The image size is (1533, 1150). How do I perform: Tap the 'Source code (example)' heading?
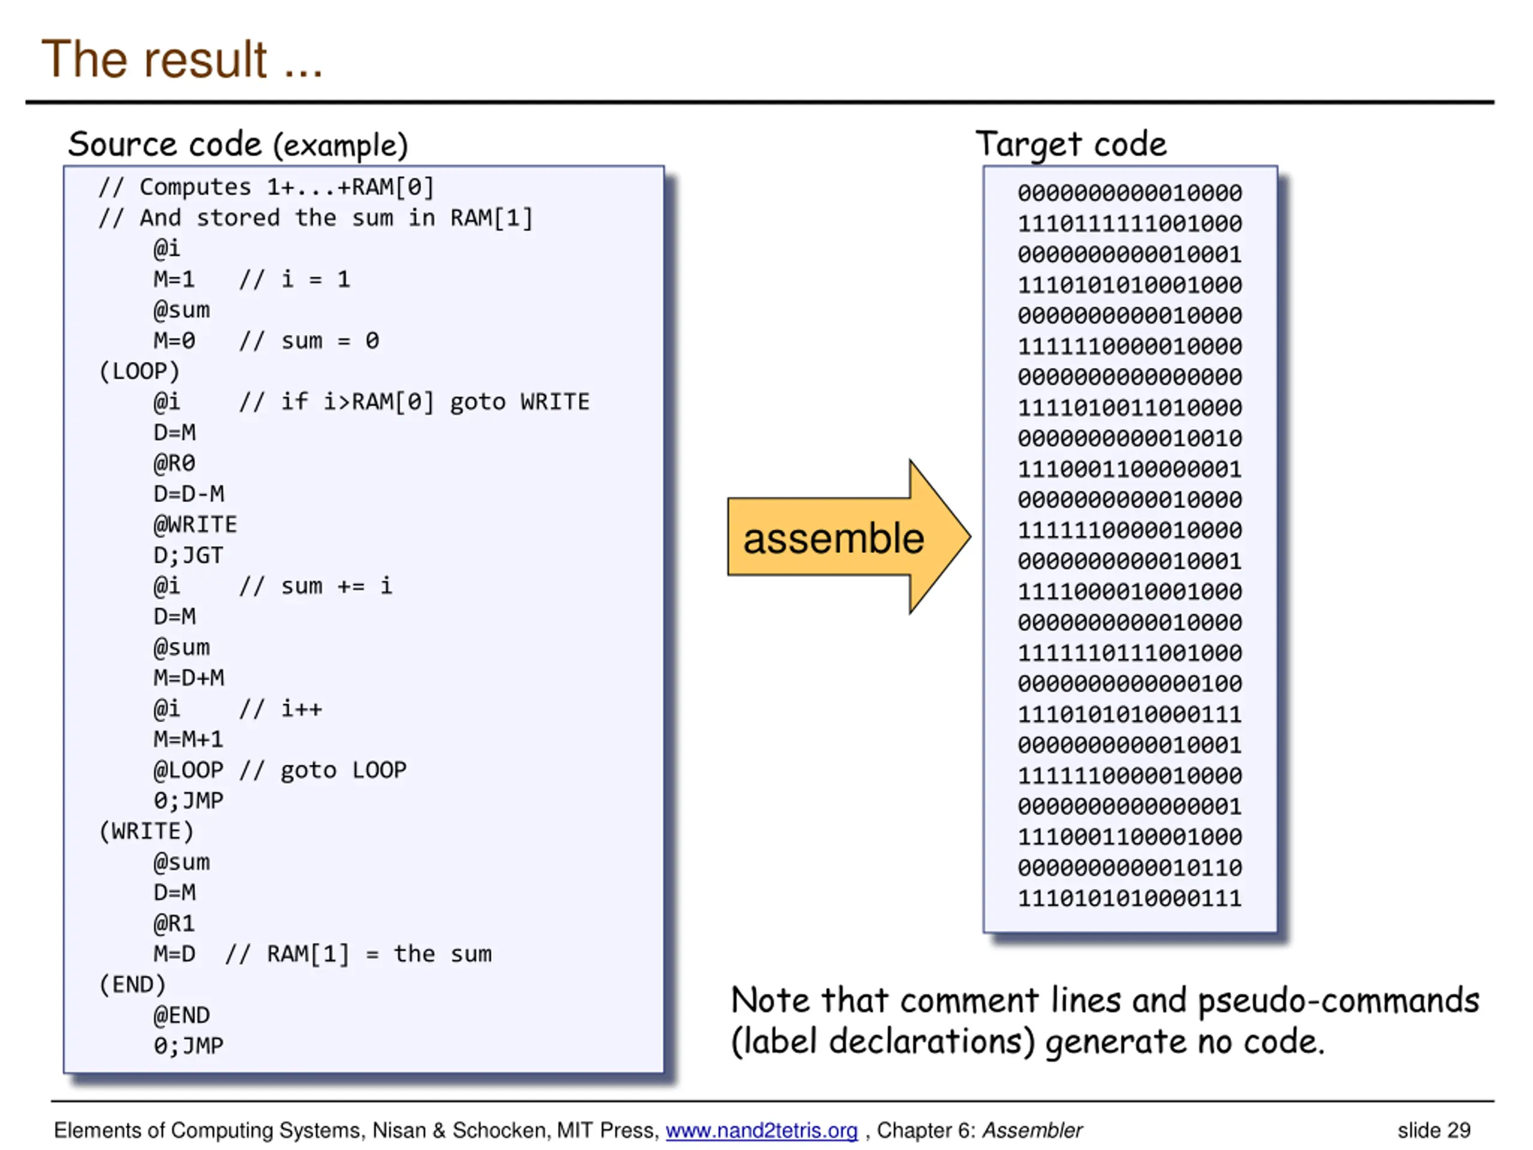coord(238,145)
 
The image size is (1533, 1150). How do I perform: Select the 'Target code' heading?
coord(1071,145)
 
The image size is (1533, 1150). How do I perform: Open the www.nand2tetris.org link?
coord(761,1131)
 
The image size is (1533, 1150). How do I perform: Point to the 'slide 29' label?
coord(1433,1131)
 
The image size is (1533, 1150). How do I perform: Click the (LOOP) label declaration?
coord(140,371)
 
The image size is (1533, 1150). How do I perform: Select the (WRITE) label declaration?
coord(146,831)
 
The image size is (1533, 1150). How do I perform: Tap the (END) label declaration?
coord(132,984)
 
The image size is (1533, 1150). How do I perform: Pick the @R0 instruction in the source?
coord(174,463)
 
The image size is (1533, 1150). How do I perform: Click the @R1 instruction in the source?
coord(174,924)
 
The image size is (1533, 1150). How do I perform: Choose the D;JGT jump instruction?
coord(189,555)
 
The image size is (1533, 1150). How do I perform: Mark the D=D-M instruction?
coord(189,494)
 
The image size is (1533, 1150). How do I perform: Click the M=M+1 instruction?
coord(189,739)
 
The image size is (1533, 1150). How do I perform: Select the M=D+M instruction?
coord(189,678)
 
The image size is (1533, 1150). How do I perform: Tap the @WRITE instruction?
coord(195,525)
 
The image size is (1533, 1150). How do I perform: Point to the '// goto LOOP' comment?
coord(323,770)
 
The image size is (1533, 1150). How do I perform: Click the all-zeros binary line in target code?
coord(1129,377)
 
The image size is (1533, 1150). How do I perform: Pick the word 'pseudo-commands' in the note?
coord(1338,1001)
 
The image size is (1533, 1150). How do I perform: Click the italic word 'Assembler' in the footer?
coord(1032,1131)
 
